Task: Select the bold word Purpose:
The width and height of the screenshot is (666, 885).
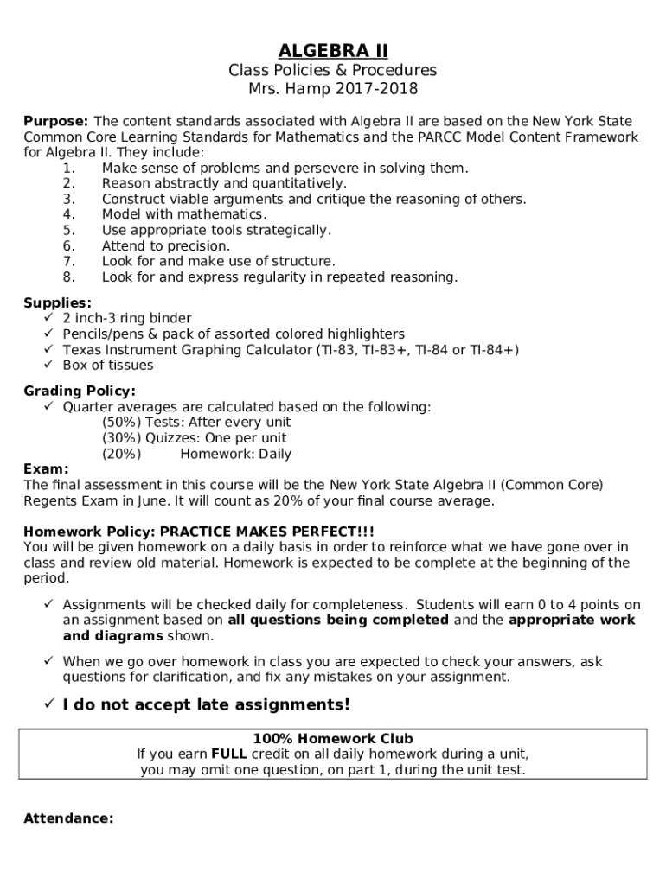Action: coord(55,122)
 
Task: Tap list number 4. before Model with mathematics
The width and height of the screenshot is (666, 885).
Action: coord(69,214)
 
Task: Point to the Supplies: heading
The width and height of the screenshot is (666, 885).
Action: coord(57,303)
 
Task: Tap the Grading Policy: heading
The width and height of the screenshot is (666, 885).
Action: coord(80,392)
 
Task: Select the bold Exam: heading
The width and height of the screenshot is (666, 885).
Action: coord(46,469)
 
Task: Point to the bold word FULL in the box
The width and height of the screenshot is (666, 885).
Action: coord(228,754)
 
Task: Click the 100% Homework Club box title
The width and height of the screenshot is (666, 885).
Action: coord(333,739)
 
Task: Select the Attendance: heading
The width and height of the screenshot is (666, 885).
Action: coord(68,818)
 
